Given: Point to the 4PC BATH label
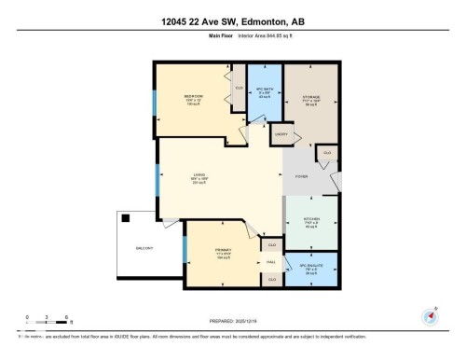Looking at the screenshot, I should pyautogui.click(x=264, y=90).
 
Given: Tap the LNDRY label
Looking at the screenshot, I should pyautogui.click(x=280, y=135).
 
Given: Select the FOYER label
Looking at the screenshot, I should pyautogui.click(x=302, y=175).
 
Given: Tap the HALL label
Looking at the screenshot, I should pyautogui.click(x=271, y=262).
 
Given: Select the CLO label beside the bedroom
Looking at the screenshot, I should pyautogui.click(x=240, y=89).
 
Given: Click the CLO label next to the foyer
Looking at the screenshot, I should pyautogui.click(x=326, y=152).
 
